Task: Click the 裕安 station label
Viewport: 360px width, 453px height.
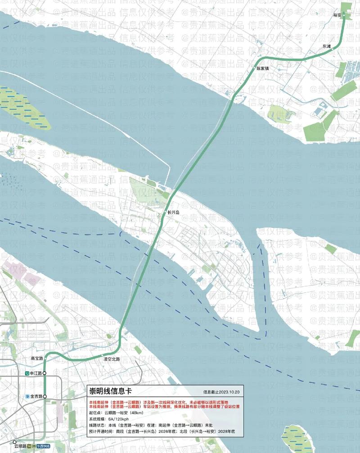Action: [x=337, y=15]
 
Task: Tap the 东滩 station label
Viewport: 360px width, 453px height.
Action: [x=326, y=46]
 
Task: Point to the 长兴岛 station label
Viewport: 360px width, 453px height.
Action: [x=173, y=212]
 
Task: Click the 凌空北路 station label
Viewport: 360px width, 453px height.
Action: [x=112, y=359]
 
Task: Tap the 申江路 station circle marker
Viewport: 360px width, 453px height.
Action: [x=45, y=373]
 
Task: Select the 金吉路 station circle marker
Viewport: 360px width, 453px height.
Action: [x=45, y=396]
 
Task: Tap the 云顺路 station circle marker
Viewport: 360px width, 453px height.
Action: [x=15, y=442]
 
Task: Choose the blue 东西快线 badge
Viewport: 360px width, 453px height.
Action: [x=44, y=447]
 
